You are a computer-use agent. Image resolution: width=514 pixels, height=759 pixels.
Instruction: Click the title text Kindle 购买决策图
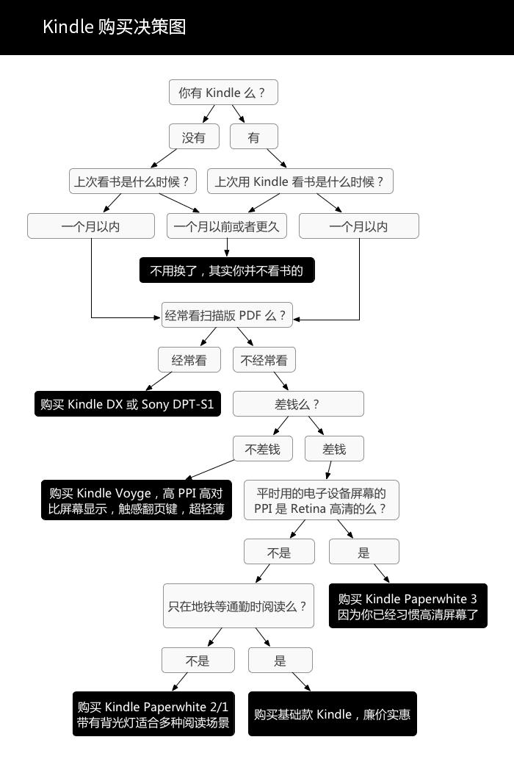click(114, 27)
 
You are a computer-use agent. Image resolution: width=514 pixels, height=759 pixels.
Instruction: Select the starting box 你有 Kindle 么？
click(223, 93)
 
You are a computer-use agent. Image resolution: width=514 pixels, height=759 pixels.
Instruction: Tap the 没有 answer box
click(194, 137)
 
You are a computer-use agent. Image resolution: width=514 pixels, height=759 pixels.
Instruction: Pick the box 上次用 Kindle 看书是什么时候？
click(300, 181)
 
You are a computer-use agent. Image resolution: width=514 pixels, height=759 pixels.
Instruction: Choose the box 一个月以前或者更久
click(227, 226)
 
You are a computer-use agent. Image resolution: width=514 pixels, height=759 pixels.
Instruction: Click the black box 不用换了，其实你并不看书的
click(227, 270)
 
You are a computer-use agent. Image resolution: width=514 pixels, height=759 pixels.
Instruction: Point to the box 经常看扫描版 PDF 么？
click(226, 316)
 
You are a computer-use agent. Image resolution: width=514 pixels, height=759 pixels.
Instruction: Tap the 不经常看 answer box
click(264, 360)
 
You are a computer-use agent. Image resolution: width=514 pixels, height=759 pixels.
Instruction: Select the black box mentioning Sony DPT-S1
click(128, 404)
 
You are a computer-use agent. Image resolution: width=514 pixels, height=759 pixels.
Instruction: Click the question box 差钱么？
click(298, 404)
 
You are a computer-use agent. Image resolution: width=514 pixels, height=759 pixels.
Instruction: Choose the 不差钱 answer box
click(262, 449)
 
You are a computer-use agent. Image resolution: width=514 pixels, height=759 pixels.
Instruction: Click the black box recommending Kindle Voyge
click(136, 500)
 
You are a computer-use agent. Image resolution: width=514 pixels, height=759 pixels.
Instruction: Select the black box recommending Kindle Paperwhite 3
click(408, 606)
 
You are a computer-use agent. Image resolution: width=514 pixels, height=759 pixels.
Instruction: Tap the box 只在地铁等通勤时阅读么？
click(237, 606)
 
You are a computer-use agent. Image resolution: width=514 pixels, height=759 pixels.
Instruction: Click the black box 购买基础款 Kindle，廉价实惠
click(333, 714)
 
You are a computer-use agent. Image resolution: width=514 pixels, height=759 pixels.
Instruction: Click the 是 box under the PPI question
click(363, 552)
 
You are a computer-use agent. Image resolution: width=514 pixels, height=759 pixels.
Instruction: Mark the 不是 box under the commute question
click(198, 661)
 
